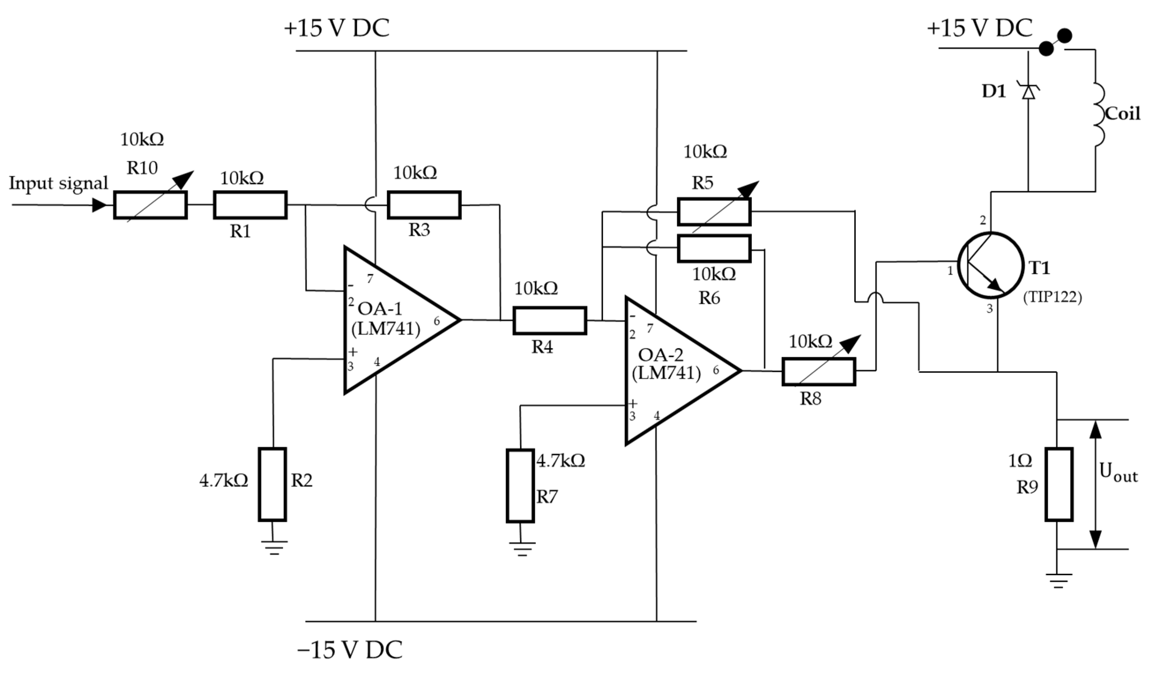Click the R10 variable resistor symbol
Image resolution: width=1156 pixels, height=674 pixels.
(150, 205)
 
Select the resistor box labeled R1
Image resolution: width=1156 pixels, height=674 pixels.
(250, 205)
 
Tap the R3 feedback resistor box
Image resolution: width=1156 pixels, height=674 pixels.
(424, 205)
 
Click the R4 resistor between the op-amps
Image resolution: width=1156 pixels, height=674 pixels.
(550, 320)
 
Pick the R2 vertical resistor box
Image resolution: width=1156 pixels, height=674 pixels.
(273, 484)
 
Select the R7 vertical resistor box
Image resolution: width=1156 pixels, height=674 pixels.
(520, 486)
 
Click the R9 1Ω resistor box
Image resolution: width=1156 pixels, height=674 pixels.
(1059, 484)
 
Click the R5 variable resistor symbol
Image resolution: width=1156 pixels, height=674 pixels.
(714, 212)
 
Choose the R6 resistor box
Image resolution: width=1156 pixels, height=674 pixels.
(714, 248)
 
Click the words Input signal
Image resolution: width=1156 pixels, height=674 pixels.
(58, 183)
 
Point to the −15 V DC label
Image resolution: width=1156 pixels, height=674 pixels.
(350, 649)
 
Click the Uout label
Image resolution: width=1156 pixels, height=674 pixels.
(1118, 473)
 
